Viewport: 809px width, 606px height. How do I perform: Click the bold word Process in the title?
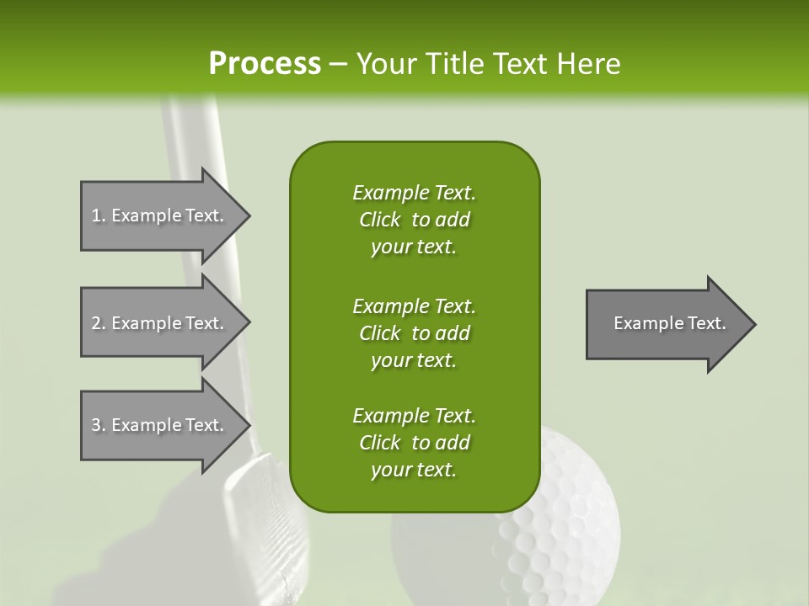265,64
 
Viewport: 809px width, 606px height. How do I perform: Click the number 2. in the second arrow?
99,323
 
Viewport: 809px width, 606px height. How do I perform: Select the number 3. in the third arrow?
99,425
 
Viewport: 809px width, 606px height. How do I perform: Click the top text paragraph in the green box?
414,220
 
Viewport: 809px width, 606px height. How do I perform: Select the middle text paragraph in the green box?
414,332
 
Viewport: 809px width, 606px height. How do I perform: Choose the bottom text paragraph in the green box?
414,443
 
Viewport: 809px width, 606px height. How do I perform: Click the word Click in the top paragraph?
380,220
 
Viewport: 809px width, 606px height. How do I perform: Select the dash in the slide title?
338,65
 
